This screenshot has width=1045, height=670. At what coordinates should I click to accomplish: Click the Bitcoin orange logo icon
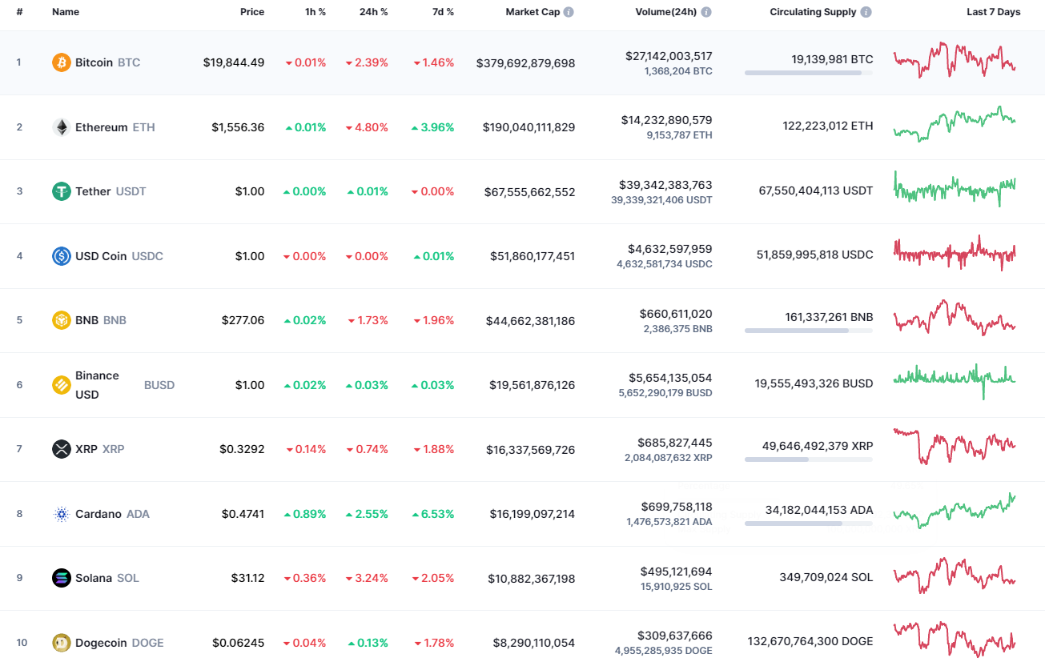coord(62,62)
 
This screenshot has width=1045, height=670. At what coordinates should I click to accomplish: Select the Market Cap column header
coord(533,12)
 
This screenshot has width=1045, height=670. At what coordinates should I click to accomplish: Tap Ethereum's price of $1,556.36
coord(238,127)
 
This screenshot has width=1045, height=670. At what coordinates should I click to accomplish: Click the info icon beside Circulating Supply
coord(866,13)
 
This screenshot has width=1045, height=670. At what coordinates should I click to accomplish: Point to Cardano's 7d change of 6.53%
coord(433,514)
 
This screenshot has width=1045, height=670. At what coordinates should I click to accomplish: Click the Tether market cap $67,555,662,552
coord(529,192)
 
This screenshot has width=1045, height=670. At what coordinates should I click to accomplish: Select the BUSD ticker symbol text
coord(159,385)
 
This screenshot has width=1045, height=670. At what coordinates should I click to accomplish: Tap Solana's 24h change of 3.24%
coord(367,578)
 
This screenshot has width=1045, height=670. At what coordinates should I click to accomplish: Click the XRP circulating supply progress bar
coord(808,459)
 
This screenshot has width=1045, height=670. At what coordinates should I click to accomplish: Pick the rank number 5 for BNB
coord(19,320)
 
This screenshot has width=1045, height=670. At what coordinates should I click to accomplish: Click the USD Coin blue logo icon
coord(62,256)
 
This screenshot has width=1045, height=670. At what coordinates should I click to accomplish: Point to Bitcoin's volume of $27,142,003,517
coord(669,56)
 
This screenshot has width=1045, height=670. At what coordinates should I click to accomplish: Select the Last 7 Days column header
coord(993,12)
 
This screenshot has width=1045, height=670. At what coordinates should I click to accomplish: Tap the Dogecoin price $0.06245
coord(238,643)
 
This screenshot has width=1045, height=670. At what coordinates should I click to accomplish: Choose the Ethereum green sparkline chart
coord(955,124)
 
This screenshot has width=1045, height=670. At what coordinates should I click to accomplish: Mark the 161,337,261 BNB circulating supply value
coord(829,317)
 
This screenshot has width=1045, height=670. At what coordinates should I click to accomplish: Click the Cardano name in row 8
coord(98,514)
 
